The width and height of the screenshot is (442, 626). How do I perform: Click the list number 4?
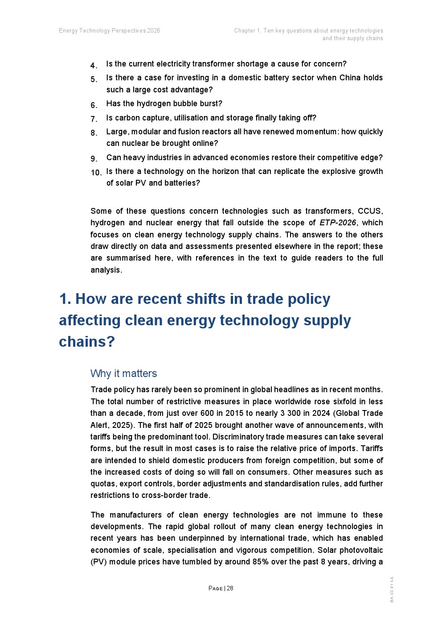pos(94,66)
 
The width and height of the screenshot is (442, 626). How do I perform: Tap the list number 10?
pos(96,173)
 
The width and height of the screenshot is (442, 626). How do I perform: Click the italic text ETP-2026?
pos(338,223)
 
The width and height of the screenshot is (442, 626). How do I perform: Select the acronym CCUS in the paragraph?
pos(369,211)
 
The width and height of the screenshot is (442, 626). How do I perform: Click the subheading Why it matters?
pos(123,373)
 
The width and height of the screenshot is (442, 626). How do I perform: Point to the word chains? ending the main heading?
pos(87,341)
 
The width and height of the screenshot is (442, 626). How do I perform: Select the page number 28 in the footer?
pos(230,588)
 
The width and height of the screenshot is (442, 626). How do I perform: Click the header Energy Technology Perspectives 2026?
pos(109,31)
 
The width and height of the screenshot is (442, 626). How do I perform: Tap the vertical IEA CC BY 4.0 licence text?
pos(392,589)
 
